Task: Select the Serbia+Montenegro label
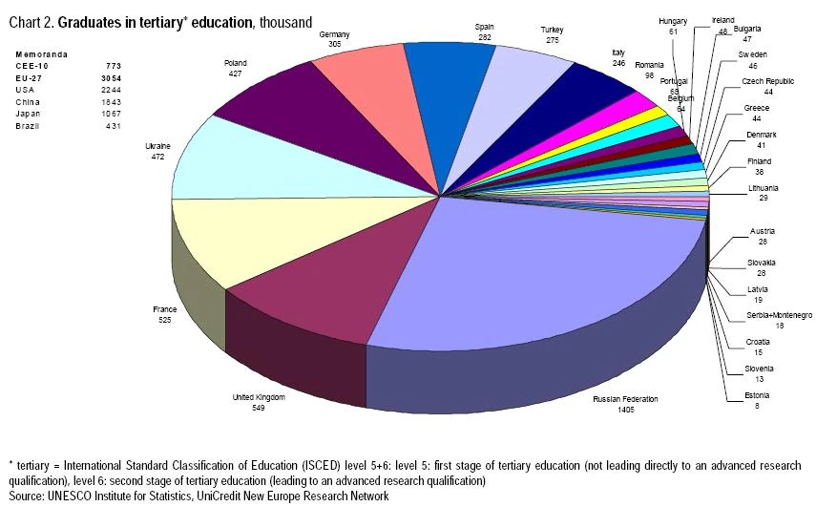click(x=780, y=315)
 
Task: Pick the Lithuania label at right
click(x=764, y=188)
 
